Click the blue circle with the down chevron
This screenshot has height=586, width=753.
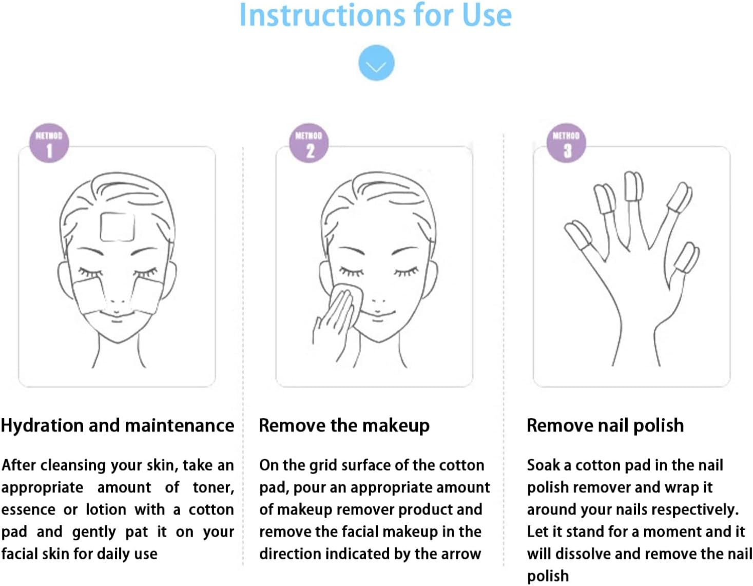[x=376, y=63]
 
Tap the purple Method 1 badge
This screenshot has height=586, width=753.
[x=49, y=143]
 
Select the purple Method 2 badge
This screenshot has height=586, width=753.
[x=309, y=143]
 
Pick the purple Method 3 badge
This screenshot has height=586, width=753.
[x=566, y=143]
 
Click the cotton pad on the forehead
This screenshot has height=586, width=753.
[x=117, y=227]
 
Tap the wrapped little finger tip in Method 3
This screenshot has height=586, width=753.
[x=686, y=257]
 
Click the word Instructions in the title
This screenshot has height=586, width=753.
[x=322, y=15]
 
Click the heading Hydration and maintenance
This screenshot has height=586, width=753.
[x=118, y=425]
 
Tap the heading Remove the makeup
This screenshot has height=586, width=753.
[x=344, y=425]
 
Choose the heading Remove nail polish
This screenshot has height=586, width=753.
[x=605, y=425]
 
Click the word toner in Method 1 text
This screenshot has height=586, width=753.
[x=214, y=487]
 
